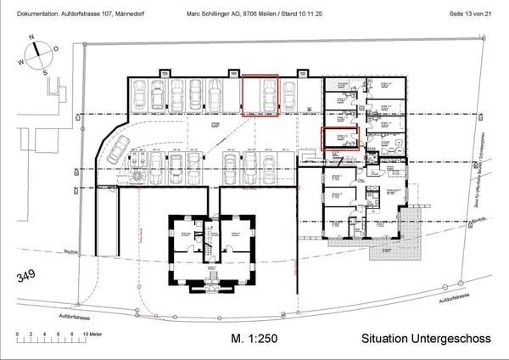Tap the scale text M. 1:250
pyautogui.click(x=254, y=340)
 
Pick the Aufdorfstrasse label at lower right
pyautogui.click(x=455, y=299)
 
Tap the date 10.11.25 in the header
pyautogui.click(x=320, y=14)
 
